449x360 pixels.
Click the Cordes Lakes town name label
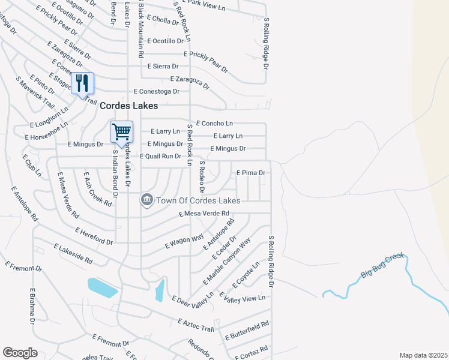[x=128, y=106]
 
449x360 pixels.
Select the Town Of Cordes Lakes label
[x=198, y=200]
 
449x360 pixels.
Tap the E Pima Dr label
[x=251, y=173]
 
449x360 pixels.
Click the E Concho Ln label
[x=214, y=123]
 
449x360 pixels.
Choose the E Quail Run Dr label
[x=160, y=156]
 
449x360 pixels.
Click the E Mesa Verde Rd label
[x=204, y=213]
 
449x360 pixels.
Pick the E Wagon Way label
[x=184, y=242]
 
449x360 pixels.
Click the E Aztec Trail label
[x=196, y=325]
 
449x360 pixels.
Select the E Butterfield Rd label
[x=247, y=331]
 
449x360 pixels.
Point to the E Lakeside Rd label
[x=73, y=254]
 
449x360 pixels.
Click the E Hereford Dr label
[x=94, y=236]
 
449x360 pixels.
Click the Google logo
[x=20, y=353]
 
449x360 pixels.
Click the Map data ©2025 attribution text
[x=423, y=355]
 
